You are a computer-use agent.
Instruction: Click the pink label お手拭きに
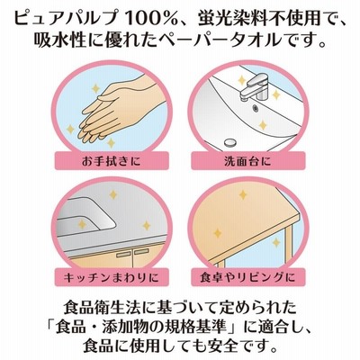click(112, 161)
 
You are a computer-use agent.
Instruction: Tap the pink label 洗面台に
click(248, 161)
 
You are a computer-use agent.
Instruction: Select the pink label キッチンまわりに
click(112, 277)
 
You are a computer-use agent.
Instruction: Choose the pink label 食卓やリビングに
click(248, 277)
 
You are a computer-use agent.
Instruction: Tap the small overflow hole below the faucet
click(256, 107)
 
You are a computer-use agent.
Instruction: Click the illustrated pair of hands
click(120, 111)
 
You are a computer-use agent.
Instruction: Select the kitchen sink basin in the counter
click(85, 216)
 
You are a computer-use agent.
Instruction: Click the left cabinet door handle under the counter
click(123, 255)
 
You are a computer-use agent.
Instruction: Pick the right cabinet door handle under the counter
click(141, 251)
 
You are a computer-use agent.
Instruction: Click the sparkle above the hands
click(95, 88)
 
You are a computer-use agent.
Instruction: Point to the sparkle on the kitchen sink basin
click(82, 224)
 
